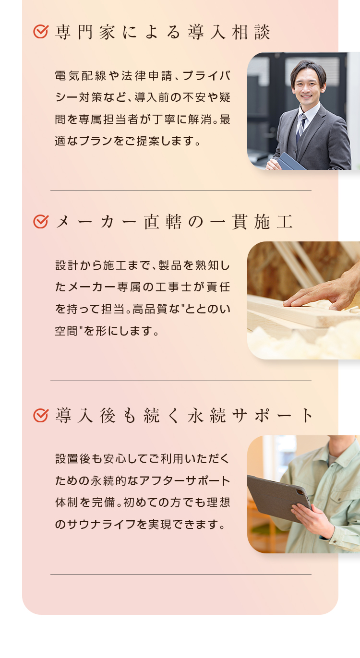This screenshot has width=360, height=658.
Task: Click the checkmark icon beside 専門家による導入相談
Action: point(41,32)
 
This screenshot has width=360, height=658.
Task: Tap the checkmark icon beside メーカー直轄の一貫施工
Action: point(41,222)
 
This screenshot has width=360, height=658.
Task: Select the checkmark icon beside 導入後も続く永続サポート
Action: point(41,415)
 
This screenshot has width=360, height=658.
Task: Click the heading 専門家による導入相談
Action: point(163,32)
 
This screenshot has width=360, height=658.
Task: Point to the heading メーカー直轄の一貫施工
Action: point(174,222)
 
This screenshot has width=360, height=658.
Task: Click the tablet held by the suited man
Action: point(291,161)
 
